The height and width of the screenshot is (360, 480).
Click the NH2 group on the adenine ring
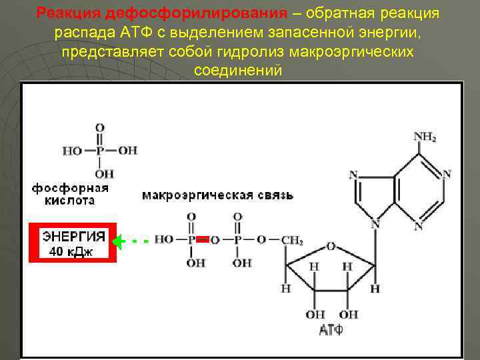tap(425, 137)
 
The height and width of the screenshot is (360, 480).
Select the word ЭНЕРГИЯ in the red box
tap(73, 236)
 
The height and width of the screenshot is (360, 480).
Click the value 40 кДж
tap(71, 251)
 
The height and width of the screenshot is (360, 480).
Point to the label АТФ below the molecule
tap(331, 329)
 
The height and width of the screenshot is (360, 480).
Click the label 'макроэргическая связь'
tap(217, 195)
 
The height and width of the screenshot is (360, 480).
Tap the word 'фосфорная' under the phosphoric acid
tap(70, 188)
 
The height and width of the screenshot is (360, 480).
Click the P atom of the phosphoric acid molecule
tap(99, 151)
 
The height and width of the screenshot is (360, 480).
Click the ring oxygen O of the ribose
tap(331, 246)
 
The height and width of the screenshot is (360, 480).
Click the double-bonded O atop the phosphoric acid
tap(99, 127)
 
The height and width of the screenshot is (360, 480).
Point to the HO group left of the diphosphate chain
tap(163, 239)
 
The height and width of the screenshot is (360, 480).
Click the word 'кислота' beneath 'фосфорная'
tap(69, 200)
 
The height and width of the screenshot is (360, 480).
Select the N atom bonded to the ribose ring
tap(375, 225)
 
